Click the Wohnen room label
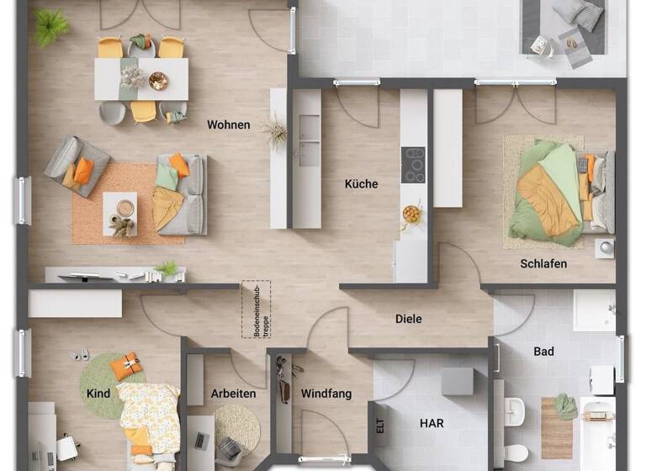coord(228,125)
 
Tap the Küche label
coord(361,184)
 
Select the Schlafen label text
coord(543,264)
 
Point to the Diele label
coord(408,320)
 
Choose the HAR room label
coord(432,423)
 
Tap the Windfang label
coord(326,394)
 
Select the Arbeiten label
coord(233,394)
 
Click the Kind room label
coord(98,394)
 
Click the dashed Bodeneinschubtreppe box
coord(256,309)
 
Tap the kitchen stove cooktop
coord(413,165)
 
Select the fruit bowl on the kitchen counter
coord(411,214)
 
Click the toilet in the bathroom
coord(515,452)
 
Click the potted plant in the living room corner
coord(51,26)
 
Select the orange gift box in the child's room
coord(126,366)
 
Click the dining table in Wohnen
coord(140,78)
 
